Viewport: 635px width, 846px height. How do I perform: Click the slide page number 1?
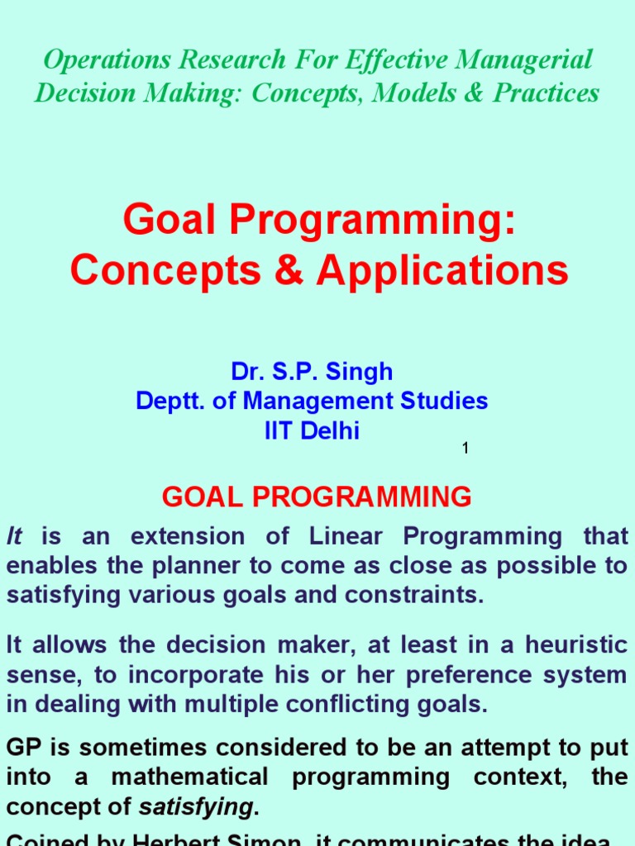coord(466,448)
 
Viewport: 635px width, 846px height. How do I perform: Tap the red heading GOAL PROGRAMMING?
coord(317,497)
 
